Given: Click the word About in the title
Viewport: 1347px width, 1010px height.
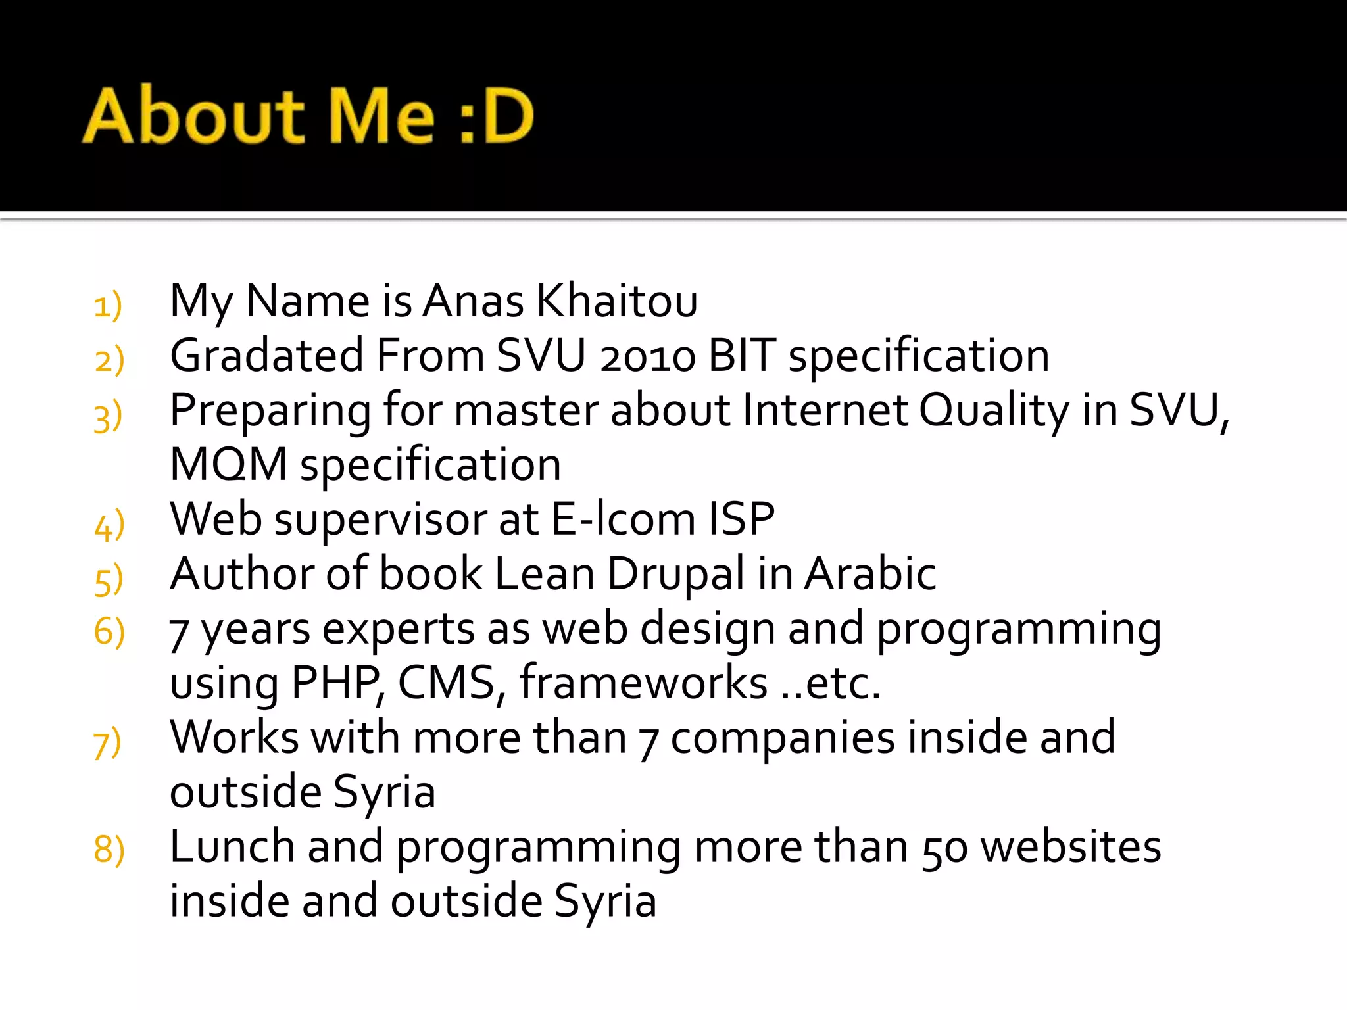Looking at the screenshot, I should tap(195, 116).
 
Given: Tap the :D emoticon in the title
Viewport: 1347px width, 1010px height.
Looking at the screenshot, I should tap(496, 117).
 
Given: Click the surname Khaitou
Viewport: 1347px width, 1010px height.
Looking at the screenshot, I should tap(617, 301).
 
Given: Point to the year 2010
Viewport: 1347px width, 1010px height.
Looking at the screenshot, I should tap(647, 356).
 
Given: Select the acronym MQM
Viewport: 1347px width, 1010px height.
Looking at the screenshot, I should tap(228, 465).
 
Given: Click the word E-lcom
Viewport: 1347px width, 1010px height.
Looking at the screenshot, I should tap(623, 519).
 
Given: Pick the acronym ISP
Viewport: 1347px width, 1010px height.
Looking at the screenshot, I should tap(741, 519).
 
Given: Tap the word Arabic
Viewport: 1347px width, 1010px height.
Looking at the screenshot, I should tap(870, 573).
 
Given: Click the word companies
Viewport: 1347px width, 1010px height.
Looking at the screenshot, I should tap(783, 738).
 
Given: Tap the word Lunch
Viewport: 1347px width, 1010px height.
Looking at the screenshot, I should tap(232, 847).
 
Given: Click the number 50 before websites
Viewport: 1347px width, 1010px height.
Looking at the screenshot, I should tap(944, 850).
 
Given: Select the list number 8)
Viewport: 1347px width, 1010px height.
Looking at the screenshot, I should tap(109, 850).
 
